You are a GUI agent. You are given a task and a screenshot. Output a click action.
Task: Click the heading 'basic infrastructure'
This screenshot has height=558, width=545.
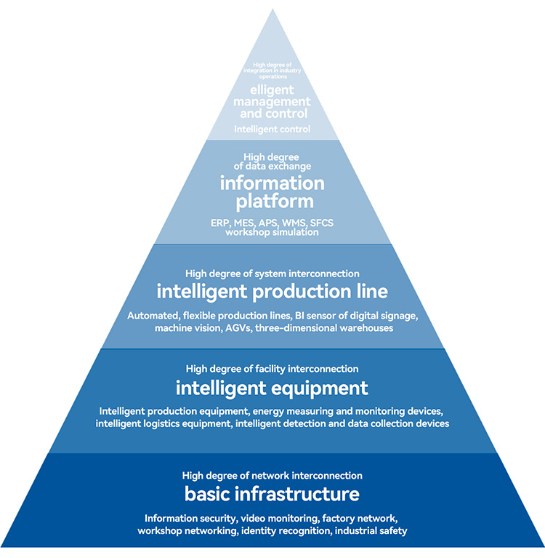(272, 495)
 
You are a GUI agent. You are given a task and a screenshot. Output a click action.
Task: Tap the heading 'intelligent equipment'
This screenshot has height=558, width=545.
(272, 387)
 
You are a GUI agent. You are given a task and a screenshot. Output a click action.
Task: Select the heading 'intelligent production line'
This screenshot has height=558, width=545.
(272, 292)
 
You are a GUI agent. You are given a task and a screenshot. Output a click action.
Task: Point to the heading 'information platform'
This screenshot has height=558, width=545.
(272, 191)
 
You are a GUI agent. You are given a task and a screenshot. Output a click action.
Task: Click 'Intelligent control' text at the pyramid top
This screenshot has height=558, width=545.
(272, 129)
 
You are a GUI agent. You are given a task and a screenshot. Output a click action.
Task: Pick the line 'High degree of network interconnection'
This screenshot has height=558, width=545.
(272, 475)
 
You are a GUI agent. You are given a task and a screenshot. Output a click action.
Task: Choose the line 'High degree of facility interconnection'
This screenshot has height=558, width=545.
(272, 369)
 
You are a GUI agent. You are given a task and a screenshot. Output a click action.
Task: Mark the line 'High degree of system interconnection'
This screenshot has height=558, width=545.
(272, 274)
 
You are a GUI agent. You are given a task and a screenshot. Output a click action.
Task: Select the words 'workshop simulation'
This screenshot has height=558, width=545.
(272, 233)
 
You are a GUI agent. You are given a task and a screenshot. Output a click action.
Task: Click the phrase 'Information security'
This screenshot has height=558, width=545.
(190, 518)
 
